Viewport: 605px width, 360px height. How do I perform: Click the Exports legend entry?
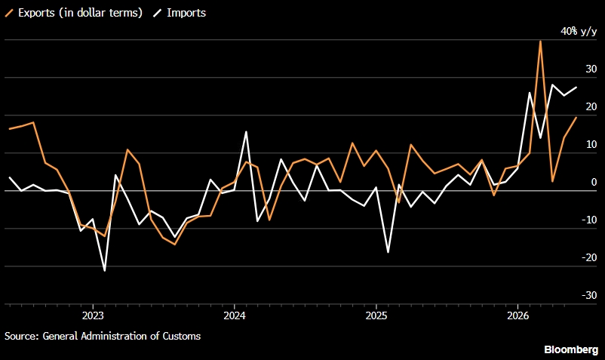click(x=74, y=13)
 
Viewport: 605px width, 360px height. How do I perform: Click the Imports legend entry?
click(x=180, y=13)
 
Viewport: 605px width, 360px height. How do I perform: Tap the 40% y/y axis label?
click(x=579, y=31)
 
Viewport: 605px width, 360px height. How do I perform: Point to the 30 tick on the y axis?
click(x=591, y=69)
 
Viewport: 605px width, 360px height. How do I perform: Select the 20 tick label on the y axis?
click(x=591, y=106)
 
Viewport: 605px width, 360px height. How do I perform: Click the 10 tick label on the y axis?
click(x=591, y=144)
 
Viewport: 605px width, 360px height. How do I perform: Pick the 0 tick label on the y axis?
click(x=594, y=182)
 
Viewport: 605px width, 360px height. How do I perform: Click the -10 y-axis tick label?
click(x=589, y=220)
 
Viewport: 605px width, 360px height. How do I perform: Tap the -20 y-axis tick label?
click(x=589, y=257)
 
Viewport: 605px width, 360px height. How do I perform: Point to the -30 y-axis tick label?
click(x=589, y=295)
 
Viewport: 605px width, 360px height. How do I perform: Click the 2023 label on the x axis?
click(x=93, y=315)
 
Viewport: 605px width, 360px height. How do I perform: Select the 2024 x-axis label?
click(x=235, y=315)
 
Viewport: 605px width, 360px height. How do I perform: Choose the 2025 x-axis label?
click(x=376, y=315)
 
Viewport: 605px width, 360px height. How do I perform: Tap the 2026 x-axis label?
click(x=517, y=315)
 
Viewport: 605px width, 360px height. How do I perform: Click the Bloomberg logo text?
click(x=571, y=349)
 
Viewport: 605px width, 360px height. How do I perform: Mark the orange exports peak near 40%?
click(x=540, y=42)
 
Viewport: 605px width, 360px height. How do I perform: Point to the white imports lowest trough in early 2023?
click(x=105, y=270)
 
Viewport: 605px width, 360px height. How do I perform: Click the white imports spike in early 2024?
click(x=246, y=132)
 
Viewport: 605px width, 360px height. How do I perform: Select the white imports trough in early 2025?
click(x=388, y=252)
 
